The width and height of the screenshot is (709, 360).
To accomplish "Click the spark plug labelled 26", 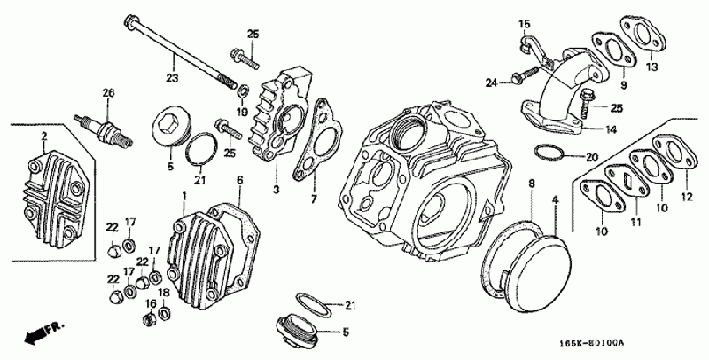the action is coord(104,129).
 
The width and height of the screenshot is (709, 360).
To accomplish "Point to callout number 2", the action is coord(44,136).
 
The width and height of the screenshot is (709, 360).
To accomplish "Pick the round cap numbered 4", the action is coord(537,274).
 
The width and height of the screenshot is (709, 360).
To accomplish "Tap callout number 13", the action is coord(652,67).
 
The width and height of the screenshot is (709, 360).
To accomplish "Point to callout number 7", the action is coord(315,199).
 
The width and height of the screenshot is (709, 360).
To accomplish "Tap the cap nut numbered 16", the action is coord(149,319).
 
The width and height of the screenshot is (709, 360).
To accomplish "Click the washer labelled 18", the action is coord(165,312).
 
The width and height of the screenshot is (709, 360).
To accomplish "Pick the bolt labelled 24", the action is coord(525,75).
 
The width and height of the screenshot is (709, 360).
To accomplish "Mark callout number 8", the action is coord(532,184).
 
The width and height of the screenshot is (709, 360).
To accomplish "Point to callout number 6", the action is coord(239,181).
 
